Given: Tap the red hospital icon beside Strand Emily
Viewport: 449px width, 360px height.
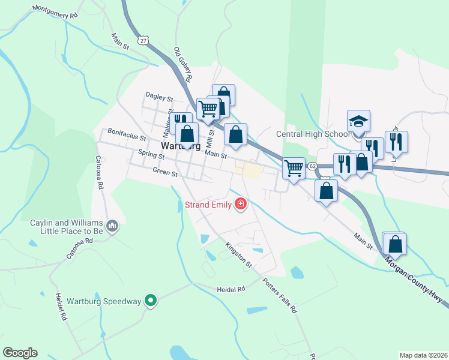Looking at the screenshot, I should [x=241, y=205].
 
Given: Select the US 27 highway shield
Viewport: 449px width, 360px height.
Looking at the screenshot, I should [x=142, y=40].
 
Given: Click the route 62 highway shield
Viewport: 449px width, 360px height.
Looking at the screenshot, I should [x=312, y=166].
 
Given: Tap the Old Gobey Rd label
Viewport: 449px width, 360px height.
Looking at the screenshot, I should [x=182, y=65].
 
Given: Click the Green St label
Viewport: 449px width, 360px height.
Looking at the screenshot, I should [x=165, y=173].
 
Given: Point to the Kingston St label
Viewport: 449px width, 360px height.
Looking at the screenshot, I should [x=239, y=254].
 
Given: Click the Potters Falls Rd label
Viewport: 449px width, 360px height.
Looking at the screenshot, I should [x=279, y=296].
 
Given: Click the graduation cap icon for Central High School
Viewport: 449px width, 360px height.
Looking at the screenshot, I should [x=359, y=121].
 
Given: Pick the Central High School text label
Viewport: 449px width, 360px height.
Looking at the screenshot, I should [x=312, y=134].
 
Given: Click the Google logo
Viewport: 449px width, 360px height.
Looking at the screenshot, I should [x=20, y=352].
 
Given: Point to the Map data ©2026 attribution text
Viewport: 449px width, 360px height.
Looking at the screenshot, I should [x=423, y=355].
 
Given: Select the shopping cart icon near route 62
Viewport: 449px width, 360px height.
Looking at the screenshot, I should [x=294, y=168].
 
